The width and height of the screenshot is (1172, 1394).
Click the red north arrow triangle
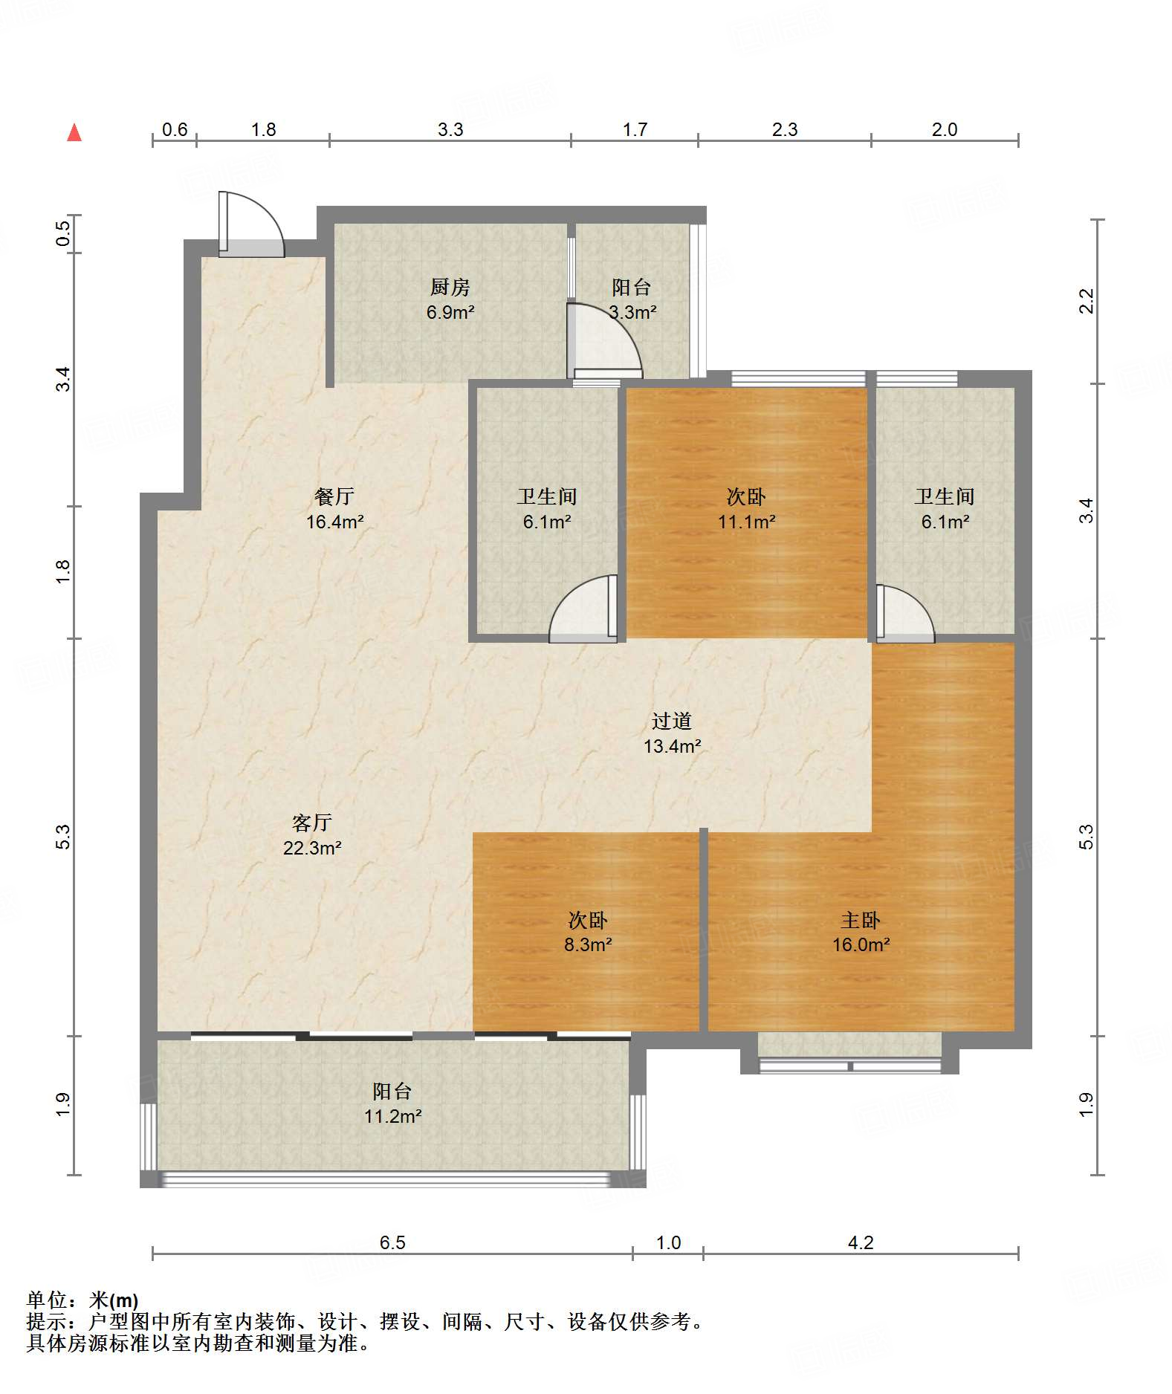coord(74,132)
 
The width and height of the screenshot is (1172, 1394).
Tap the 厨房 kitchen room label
coord(450,287)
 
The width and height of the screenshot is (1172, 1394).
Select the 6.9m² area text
coord(450,312)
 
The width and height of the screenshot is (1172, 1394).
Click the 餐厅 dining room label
coord(334,496)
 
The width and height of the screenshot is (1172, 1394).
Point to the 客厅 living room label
coord(311,823)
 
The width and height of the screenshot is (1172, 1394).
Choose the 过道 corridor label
coord(672,721)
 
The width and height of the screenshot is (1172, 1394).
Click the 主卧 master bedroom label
coord(861,920)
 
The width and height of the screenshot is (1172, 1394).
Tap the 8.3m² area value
coord(587,944)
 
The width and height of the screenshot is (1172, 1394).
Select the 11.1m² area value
coord(746,522)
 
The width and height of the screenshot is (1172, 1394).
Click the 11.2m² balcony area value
coord(392,1116)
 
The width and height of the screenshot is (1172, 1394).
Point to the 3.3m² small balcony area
coord(632,312)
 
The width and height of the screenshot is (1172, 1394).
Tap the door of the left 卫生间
coord(583,609)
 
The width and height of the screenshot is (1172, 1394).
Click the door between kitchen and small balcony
coord(604,339)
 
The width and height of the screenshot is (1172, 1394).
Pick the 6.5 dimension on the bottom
coord(392,1242)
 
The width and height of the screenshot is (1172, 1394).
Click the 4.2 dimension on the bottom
coord(861,1242)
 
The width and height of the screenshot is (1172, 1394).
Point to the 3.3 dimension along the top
coord(450,129)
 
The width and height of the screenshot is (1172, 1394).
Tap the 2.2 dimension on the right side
coord(1087,301)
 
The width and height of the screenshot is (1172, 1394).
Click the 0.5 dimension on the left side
coord(64,234)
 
